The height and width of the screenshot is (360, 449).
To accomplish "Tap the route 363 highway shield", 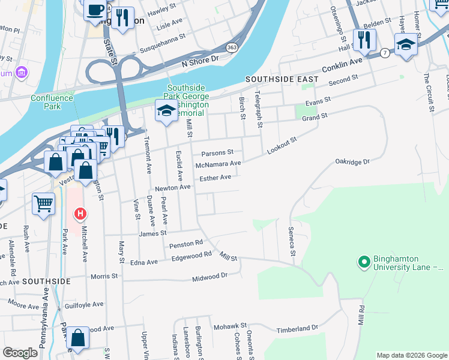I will point(231,46).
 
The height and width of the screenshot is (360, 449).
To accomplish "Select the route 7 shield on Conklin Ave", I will point(384,54).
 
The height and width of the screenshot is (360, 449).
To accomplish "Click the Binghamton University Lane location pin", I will point(363,262).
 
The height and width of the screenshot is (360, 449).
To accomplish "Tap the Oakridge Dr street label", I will point(352,161).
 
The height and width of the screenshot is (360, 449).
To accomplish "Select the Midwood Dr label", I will point(210,277).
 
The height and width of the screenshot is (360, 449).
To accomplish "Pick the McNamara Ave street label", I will point(218,164).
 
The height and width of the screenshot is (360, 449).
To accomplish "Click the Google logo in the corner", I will point(20,353).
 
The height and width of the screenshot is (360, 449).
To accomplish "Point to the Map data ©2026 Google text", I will point(411,355).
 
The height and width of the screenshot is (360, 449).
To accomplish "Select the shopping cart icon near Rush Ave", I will point(44,204).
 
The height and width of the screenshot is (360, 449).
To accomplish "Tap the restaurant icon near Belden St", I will point(364,40).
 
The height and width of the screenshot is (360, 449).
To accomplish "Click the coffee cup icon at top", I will point(95,10).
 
